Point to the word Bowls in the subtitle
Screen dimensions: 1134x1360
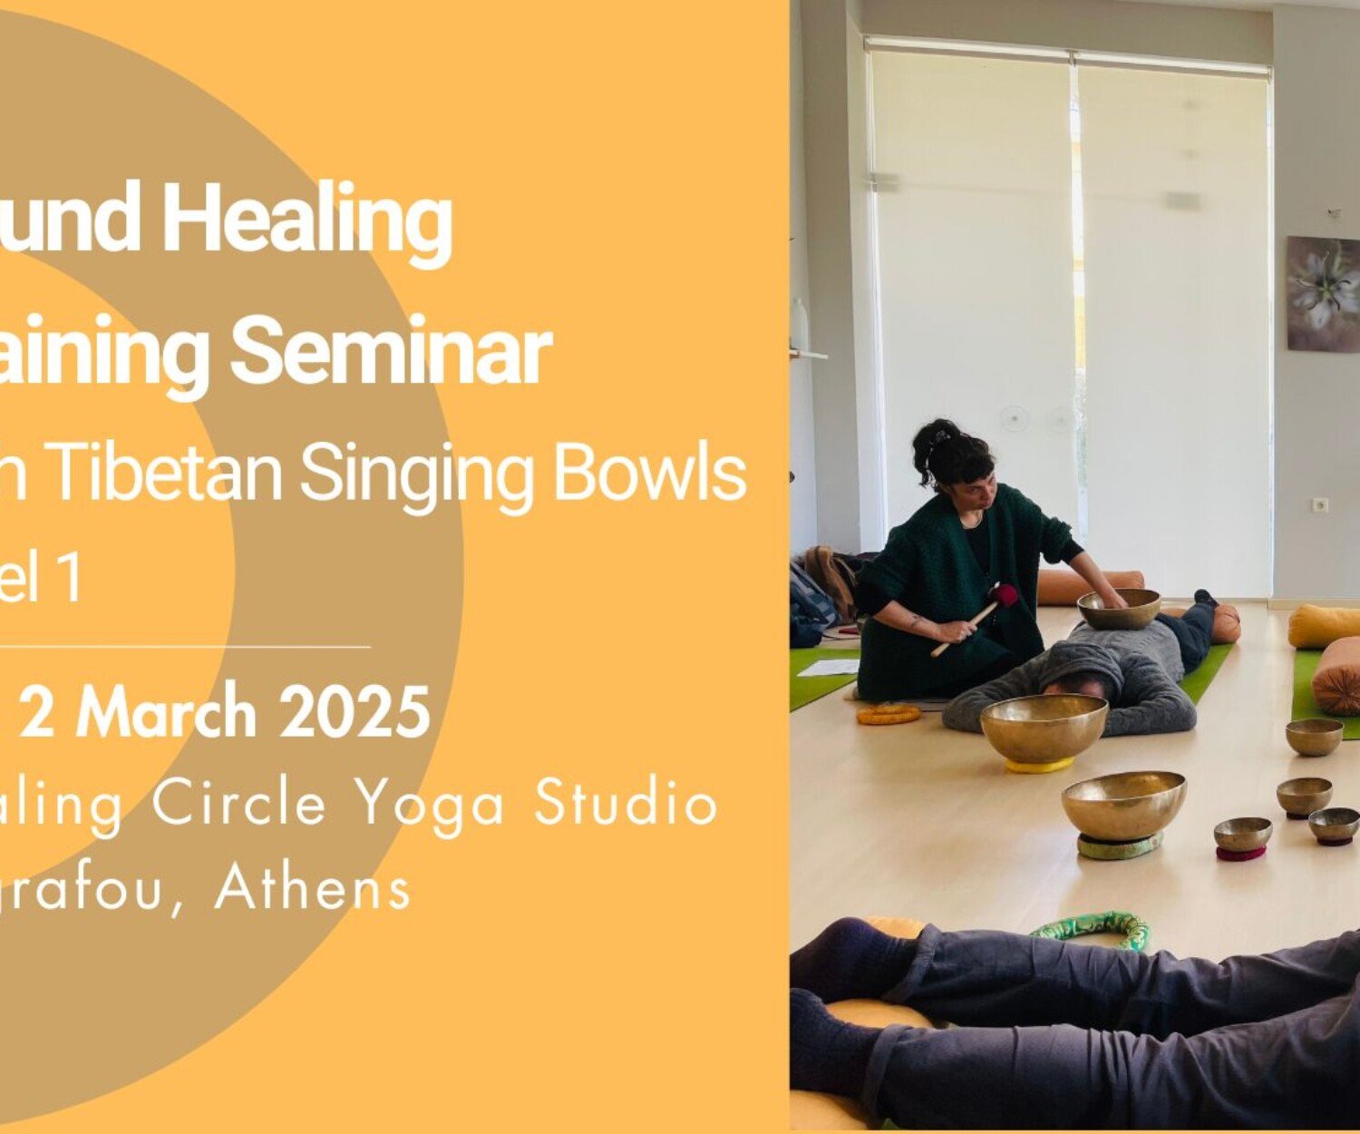(649, 474)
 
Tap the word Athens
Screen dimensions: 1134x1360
(313, 887)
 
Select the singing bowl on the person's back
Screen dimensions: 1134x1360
(1119, 608)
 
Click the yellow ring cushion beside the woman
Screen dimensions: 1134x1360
(889, 713)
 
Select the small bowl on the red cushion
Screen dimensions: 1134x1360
(1242, 833)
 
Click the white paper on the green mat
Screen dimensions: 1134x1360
(827, 668)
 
